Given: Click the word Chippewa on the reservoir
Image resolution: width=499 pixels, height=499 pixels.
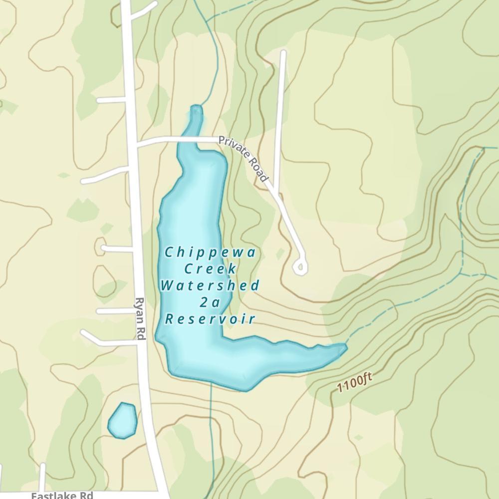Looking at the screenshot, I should click(210, 252).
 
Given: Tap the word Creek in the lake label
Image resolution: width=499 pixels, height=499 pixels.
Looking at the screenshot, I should click(210, 269).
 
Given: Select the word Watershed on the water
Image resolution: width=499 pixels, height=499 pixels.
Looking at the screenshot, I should click(210, 286).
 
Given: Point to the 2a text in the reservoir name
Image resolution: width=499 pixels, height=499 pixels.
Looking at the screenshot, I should click(210, 302).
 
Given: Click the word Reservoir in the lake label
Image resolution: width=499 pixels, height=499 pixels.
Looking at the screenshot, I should click(210, 319).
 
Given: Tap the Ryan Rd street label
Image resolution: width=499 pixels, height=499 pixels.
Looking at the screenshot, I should click(140, 319).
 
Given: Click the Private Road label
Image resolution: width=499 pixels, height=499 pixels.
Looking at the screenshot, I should click(244, 159).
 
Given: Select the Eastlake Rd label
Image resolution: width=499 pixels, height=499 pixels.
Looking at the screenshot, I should click(62, 496).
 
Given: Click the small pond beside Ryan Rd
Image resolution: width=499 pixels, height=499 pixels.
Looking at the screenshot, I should click(123, 420).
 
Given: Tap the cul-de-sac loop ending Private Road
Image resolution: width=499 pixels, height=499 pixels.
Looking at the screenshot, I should click(300, 268).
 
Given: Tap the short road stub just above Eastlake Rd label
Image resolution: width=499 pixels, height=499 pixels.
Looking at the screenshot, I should click(42, 477).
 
